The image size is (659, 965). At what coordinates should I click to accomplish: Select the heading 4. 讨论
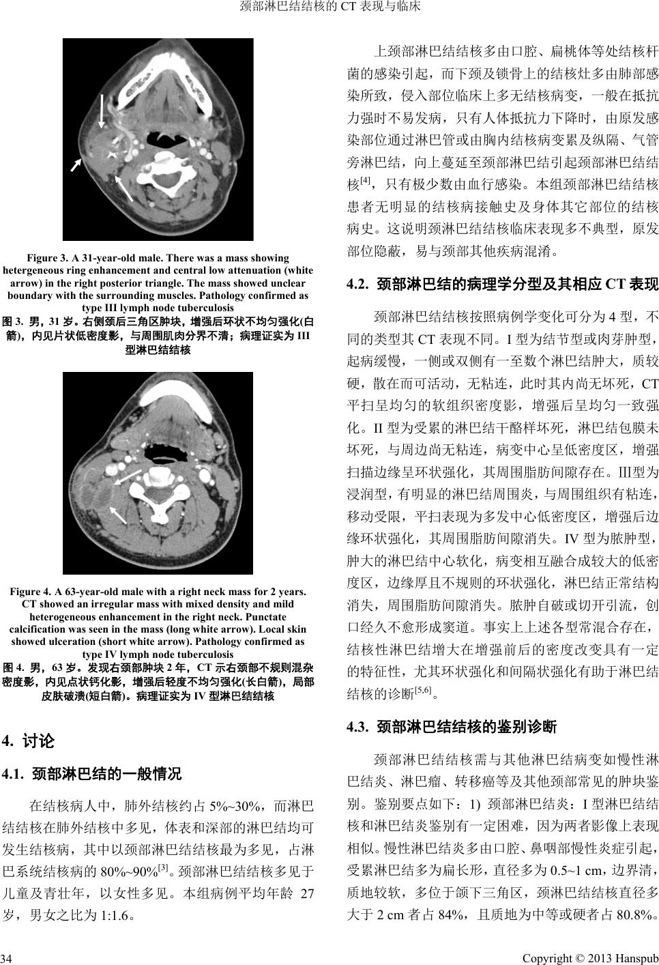pos(29,740)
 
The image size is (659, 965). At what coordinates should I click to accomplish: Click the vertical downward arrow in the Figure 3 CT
pos(102,111)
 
